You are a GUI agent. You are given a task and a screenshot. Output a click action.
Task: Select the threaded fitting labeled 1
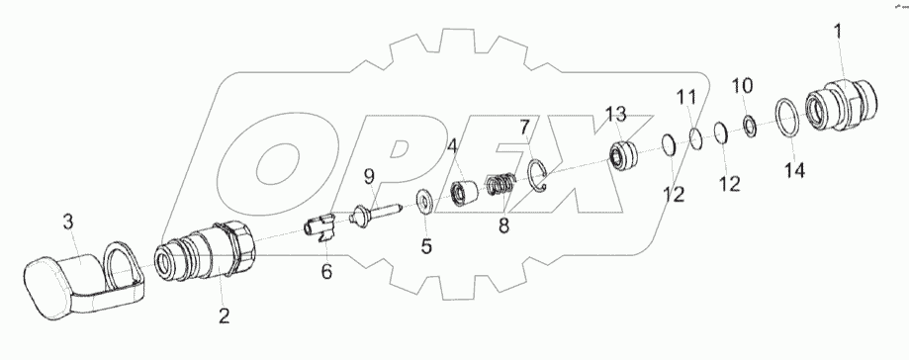click(x=842, y=105)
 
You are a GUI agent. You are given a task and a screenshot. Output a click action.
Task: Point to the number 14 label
click(x=795, y=170)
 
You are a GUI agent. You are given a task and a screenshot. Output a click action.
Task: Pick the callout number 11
click(x=688, y=97)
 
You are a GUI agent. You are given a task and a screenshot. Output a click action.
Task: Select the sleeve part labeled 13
click(x=622, y=157)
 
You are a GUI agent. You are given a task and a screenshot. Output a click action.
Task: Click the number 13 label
click(x=616, y=114)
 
